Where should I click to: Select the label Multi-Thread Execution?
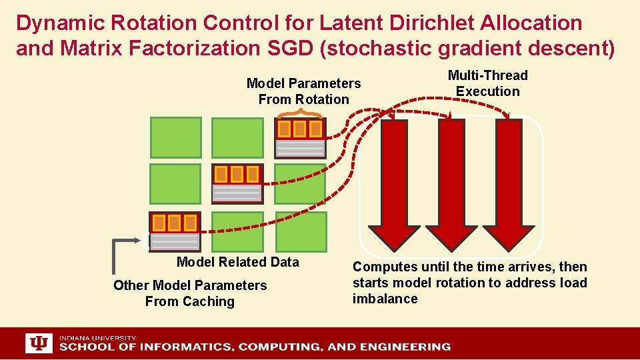pyautogui.click(x=487, y=83)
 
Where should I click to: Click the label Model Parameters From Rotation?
pyautogui.click(x=303, y=91)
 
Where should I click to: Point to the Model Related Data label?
pyautogui.click(x=237, y=262)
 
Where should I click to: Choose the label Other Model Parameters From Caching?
pyautogui.click(x=190, y=293)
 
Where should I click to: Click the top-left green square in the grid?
pyautogui.click(x=175, y=138)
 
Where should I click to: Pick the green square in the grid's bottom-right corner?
pyautogui.click(x=301, y=231)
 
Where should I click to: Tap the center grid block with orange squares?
pyautogui.click(x=237, y=183)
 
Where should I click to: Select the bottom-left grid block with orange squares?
pyautogui.click(x=175, y=231)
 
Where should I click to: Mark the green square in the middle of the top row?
pyautogui.click(x=237, y=138)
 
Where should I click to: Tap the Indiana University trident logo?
pyautogui.click(x=39, y=343)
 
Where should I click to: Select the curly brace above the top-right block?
pyautogui.click(x=300, y=113)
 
